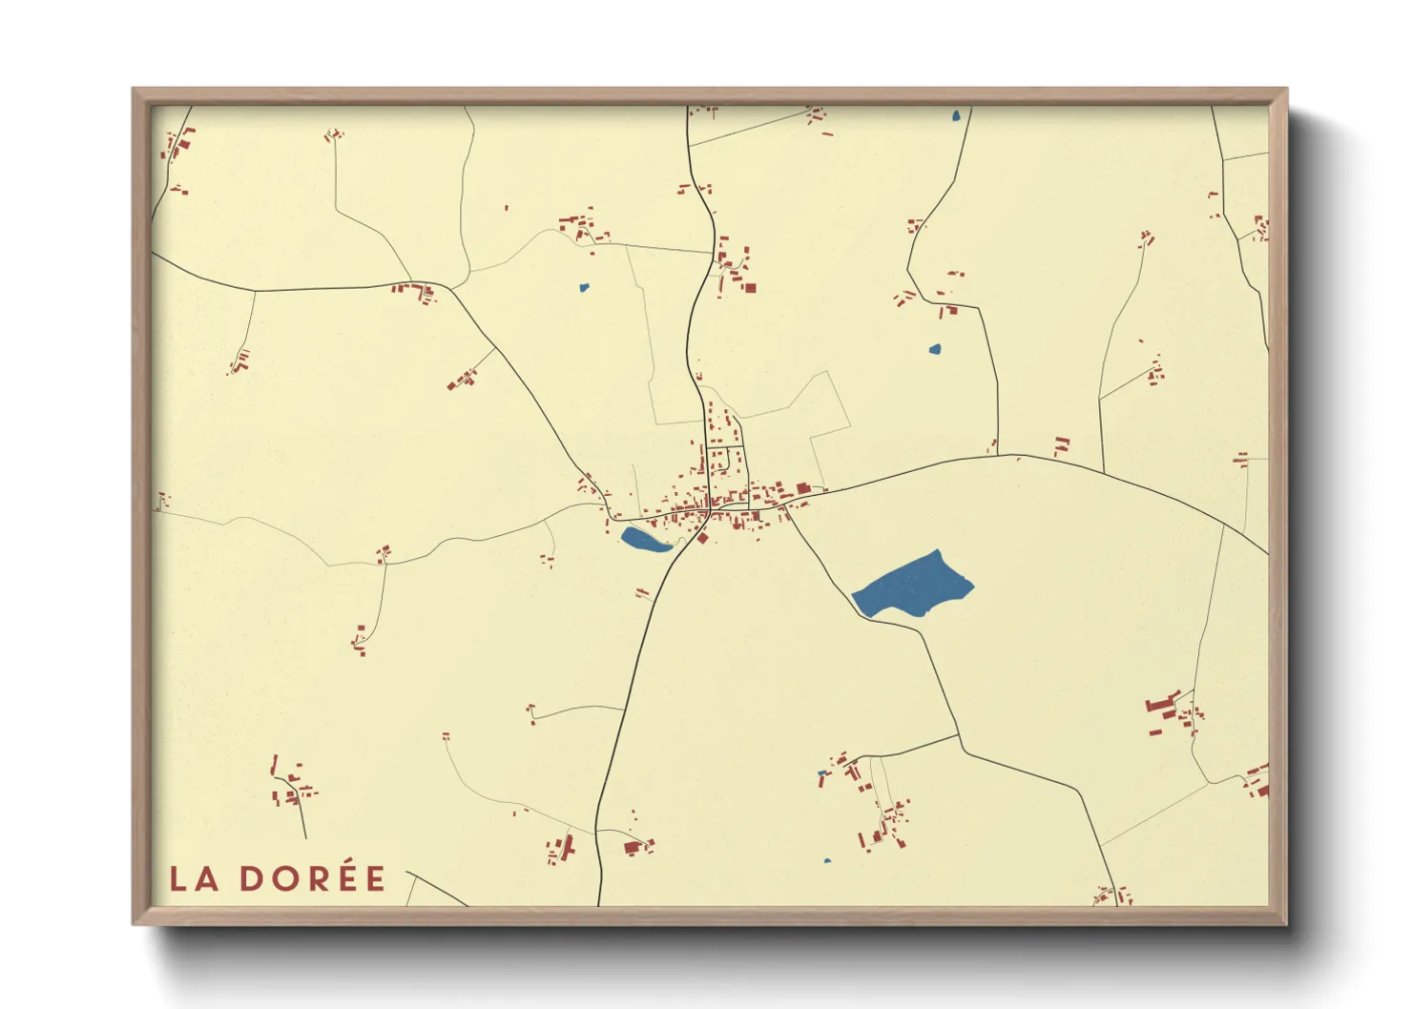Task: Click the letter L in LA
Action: pos(177,878)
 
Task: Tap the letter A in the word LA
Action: pos(207,878)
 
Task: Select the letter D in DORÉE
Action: pos(252,878)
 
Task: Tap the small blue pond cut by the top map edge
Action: pos(955,117)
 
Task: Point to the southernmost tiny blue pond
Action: pos(827,861)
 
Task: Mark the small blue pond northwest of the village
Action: pos(584,286)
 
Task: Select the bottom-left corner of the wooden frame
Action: pos(135,922)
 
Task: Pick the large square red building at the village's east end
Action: pos(803,489)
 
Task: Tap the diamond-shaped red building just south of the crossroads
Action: pos(703,539)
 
